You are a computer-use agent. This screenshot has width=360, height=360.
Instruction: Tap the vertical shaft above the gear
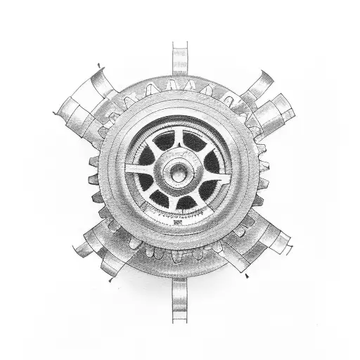click(x=180, y=59)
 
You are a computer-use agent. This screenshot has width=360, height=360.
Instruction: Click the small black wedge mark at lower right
click(x=246, y=277)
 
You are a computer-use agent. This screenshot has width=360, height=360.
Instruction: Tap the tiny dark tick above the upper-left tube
click(x=98, y=66)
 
